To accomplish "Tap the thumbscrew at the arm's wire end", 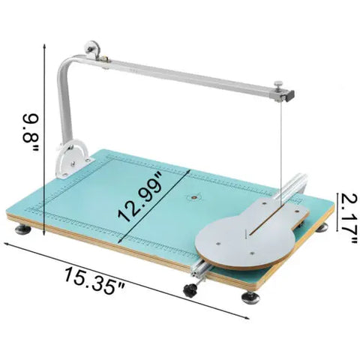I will click(278, 85).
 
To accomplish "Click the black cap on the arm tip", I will click(289, 94).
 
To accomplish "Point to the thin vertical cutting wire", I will click(279, 150).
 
